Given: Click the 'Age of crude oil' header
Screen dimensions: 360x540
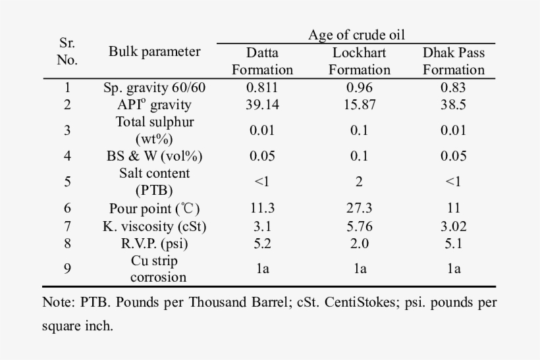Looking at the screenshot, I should click(356, 35).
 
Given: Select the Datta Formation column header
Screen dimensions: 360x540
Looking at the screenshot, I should click(262, 61).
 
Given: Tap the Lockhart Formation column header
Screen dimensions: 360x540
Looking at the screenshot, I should click(359, 61).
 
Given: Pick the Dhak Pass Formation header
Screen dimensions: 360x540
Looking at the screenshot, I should click(454, 61).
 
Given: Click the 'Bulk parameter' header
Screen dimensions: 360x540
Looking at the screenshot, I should click(155, 52).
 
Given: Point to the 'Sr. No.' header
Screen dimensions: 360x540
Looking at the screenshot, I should click(67, 52).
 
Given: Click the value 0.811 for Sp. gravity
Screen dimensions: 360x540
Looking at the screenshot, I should click(262, 88).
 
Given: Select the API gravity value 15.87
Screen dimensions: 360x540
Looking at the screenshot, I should click(360, 105).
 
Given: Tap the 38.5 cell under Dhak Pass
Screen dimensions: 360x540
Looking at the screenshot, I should click(454, 105).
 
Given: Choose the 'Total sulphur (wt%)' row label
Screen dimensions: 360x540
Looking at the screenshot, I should click(155, 130).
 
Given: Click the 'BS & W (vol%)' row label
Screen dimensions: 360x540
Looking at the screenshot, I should click(155, 156).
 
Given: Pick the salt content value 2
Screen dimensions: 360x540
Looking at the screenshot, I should click(360, 182).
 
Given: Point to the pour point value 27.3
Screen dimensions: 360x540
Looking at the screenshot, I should click(360, 208).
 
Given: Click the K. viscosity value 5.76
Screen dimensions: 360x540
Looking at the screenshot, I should click(360, 225).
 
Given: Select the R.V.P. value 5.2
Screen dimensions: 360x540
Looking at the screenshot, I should click(262, 242).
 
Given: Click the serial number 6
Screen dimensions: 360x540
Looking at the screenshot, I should click(67, 208).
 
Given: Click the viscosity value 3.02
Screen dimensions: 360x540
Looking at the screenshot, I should click(454, 225).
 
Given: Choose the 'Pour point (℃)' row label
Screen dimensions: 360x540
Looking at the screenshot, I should click(155, 208).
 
